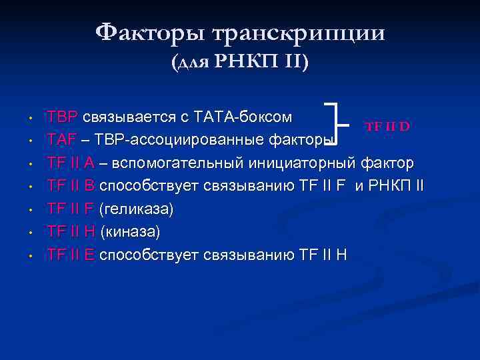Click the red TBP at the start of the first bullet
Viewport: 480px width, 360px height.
pos(62,118)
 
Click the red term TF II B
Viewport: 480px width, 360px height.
pos(71,186)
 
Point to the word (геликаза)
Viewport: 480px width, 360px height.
pos(136,209)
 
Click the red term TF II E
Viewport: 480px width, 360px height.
pos(71,255)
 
